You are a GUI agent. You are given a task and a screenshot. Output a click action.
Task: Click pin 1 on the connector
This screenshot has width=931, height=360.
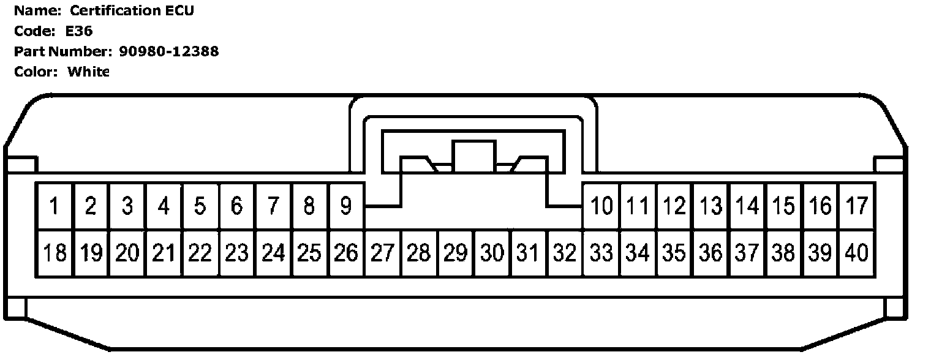pos(55,206)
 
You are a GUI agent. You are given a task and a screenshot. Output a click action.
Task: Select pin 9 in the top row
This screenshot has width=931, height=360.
pos(345,206)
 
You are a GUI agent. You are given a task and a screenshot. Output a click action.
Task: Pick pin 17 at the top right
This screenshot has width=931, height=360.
pos(856,206)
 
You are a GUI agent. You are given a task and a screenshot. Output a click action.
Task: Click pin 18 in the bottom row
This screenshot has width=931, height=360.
pos(55,252)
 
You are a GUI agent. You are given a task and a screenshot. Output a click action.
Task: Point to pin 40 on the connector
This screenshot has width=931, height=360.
pos(856,252)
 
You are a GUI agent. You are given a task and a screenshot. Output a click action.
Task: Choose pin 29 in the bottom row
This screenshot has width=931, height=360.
pos(455,252)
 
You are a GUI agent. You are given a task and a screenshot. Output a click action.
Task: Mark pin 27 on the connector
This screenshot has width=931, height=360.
pos(382,252)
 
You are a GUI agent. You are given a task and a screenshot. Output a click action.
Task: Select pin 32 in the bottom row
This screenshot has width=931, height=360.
pos(564,252)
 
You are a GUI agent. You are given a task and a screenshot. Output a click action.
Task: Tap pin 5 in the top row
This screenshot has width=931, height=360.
pos(200,206)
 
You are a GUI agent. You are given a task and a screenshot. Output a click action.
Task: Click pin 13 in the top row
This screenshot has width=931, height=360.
pos(710,206)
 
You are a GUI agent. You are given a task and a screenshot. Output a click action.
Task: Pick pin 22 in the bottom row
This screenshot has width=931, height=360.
pos(200,252)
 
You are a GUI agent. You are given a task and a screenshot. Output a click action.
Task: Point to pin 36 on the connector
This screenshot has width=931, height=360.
pos(710,252)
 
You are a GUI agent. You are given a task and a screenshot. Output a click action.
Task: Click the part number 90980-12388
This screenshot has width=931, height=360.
pos(168,51)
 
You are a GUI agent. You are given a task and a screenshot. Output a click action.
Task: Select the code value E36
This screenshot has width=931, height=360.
pos(79,31)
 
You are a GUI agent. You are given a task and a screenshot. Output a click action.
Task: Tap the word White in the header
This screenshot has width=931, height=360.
pos(88,72)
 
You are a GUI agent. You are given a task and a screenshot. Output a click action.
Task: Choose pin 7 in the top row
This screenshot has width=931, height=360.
pos(273,206)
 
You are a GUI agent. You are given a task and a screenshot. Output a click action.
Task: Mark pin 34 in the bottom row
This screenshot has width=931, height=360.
pos(638,252)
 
